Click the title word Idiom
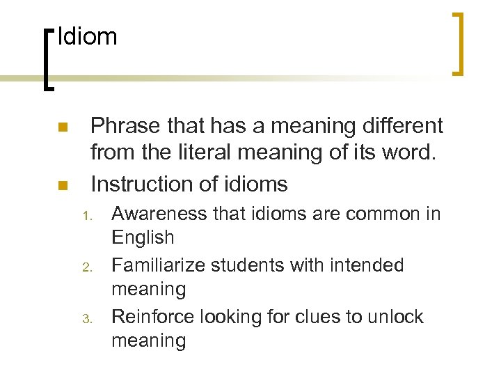click(88, 36)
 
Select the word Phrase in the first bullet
click(126, 126)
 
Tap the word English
click(143, 237)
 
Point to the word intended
click(369, 265)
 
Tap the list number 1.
click(88, 216)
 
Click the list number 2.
click(88, 267)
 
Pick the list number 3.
click(88, 319)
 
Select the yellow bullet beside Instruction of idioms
click(62, 186)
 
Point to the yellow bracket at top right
click(459, 43)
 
